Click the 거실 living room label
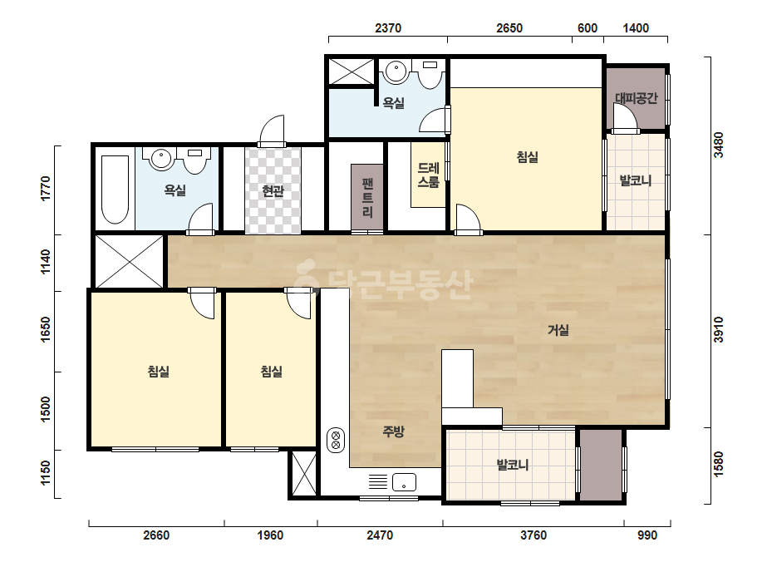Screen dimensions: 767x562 coord(558,330)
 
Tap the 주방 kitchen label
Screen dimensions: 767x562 coord(393,431)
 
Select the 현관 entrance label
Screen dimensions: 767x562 coord(273,191)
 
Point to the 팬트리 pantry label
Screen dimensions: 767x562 coord(367,198)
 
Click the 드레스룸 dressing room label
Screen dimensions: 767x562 coord(429,175)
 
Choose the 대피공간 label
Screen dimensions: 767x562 coord(636,98)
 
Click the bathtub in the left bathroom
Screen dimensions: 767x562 coord(115,189)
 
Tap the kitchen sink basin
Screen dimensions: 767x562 coord(404,482)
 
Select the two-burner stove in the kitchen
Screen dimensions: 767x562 coord(336,440)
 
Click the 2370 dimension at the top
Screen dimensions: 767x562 coord(388,28)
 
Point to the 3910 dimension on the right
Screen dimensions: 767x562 coord(718,330)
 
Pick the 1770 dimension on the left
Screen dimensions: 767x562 coord(45,189)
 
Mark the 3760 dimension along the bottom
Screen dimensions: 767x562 coord(533,535)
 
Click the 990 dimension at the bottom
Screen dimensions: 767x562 coord(647,535)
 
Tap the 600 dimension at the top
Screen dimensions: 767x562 coord(587,28)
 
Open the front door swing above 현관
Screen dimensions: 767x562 coord(272,131)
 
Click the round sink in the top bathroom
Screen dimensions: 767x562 coord(396,72)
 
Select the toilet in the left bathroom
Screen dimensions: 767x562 coord(194,160)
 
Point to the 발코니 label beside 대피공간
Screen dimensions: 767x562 coord(636,180)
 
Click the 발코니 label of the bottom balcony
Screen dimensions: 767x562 coord(512,464)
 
